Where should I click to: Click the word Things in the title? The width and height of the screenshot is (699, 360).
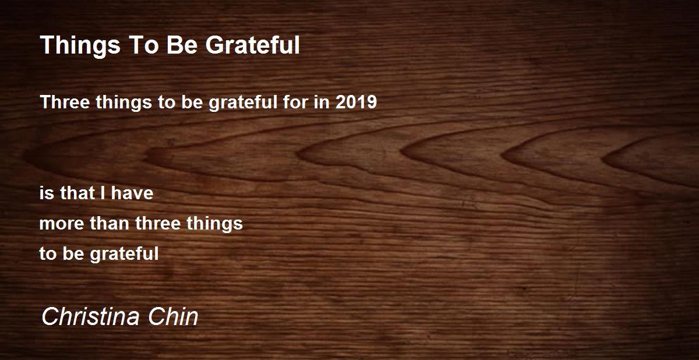click(x=80, y=45)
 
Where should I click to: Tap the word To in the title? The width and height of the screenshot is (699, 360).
click(x=143, y=45)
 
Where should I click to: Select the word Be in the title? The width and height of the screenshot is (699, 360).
click(x=182, y=45)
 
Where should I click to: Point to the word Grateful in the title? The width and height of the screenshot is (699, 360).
click(x=252, y=45)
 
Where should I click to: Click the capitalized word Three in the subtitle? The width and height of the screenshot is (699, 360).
click(x=65, y=102)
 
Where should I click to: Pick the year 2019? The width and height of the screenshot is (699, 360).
click(x=356, y=102)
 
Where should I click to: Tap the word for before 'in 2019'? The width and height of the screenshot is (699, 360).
click(x=296, y=102)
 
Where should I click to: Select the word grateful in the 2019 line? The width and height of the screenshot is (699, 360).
click(x=243, y=103)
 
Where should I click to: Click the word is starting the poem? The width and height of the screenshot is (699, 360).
click(x=47, y=193)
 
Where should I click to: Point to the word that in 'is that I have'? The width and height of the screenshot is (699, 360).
click(x=77, y=193)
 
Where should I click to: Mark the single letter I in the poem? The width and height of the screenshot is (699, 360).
click(x=103, y=193)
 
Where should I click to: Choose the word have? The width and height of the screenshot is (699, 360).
click(x=132, y=193)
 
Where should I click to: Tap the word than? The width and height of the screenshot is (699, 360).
click(x=110, y=223)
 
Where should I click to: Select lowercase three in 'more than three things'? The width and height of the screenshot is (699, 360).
click(x=158, y=223)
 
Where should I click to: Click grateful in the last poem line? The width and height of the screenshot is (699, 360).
click(x=124, y=253)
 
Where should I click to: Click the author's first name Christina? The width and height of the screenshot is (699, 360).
click(x=90, y=317)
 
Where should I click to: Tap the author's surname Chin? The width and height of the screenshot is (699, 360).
click(x=173, y=317)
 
